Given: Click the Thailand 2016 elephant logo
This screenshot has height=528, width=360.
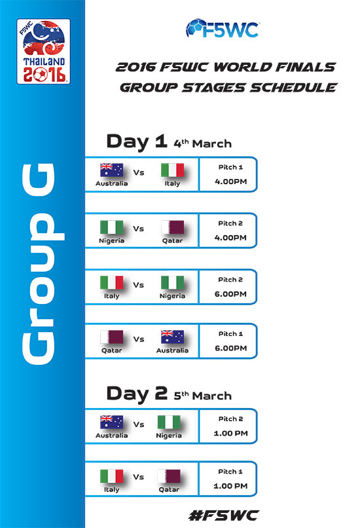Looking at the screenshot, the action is coord(43,51).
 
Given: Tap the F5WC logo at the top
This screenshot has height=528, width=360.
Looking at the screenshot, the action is coord(222,29).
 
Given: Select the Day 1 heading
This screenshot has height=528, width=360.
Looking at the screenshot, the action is coord(137,141).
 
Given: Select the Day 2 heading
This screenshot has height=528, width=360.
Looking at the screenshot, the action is coord(137,393).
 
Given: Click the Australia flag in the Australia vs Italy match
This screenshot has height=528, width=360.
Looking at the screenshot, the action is coord(112,170).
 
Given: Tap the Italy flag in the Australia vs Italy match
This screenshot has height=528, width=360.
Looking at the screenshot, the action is coord(173,170).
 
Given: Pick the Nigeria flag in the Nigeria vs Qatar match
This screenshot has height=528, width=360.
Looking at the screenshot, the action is coord(112,227).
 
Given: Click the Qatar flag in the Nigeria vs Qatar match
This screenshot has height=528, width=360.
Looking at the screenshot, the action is coord(173,227).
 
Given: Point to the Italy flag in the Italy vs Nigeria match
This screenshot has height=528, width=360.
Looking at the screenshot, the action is coord(112,282).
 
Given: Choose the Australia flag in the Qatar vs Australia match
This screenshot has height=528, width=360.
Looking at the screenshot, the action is coord(173,337).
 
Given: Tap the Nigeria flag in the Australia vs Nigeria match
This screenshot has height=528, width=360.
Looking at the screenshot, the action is coord(169,423).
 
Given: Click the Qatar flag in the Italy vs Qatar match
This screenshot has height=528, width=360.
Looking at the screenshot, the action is coord(169,476).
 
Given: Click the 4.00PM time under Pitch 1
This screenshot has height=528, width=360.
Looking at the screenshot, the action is coord(231,181).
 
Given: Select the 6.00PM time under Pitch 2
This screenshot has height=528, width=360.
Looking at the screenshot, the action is coord(231,294).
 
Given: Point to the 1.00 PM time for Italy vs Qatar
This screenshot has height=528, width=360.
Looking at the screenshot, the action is coord(231,486).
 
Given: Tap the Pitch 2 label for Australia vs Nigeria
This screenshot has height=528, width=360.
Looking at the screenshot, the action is coord(231,419).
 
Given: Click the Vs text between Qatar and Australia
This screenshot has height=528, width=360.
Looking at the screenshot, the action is coord(139,339).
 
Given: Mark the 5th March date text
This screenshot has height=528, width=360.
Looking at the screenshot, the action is coord(202,396).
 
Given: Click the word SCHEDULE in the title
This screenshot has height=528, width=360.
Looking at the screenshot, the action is coord(293,88).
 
